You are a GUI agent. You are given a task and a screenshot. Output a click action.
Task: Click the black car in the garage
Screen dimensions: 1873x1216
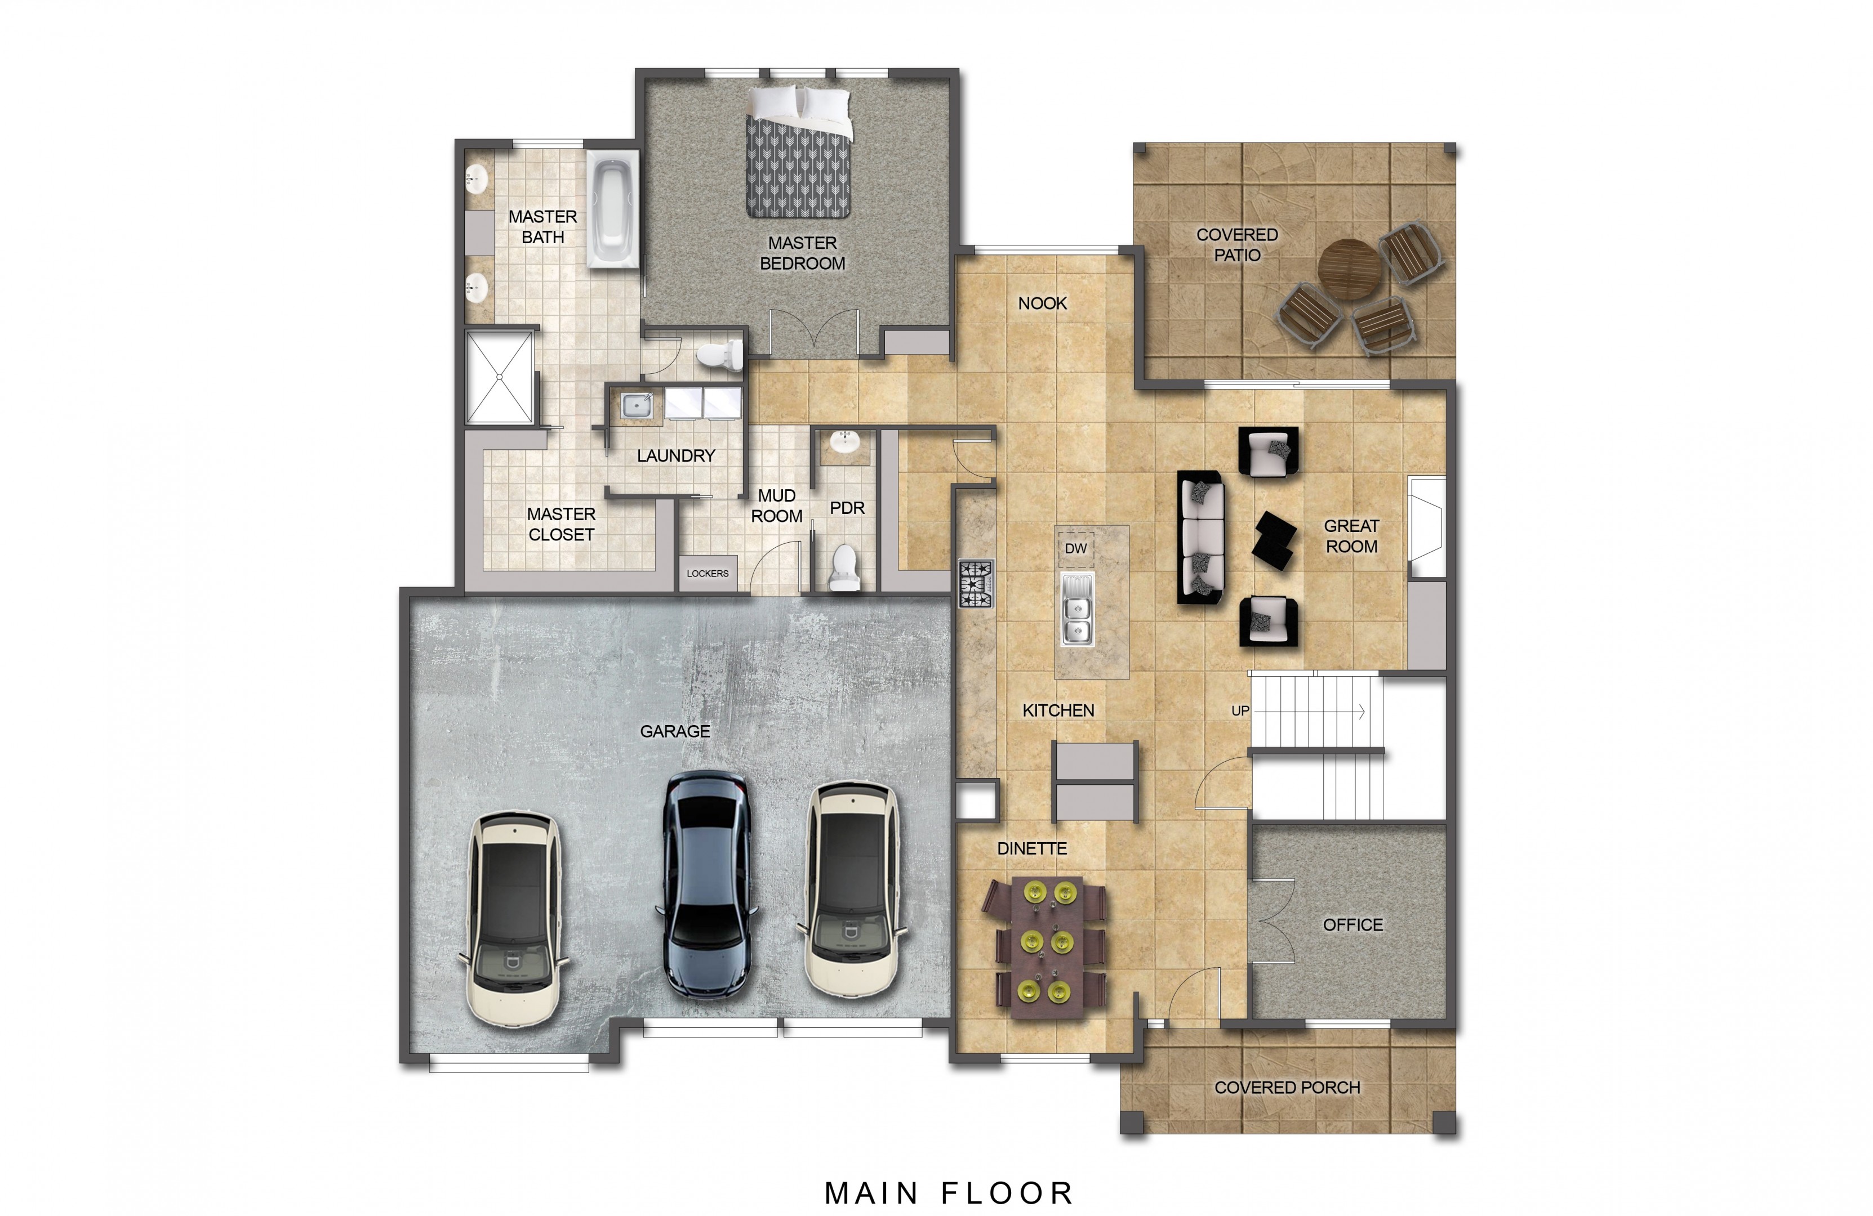pos(707,885)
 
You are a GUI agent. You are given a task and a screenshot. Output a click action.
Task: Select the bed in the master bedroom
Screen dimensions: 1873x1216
pos(799,153)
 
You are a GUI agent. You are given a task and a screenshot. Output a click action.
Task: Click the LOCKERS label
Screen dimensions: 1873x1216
pos(708,574)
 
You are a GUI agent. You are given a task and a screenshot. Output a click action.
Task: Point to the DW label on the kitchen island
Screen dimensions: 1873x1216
pos(1076,548)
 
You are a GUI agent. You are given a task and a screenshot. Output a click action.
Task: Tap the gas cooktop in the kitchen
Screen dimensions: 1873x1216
pos(976,584)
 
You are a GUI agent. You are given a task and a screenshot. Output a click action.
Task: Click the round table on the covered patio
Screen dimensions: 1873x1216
pos(1349,270)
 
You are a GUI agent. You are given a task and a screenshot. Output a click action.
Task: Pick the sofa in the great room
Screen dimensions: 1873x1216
pos(1201,537)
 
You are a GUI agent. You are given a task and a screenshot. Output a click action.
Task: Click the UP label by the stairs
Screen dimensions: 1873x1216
pos(1240,711)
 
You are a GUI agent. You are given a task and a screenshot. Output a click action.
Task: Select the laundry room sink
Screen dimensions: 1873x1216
pos(636,405)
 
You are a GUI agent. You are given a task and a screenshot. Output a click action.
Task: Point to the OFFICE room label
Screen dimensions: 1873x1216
pos(1353,925)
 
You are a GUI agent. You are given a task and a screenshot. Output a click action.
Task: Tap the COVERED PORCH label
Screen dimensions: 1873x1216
pos(1288,1088)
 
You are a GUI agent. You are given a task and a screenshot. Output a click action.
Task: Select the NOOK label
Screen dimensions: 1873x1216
pos(1042,303)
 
